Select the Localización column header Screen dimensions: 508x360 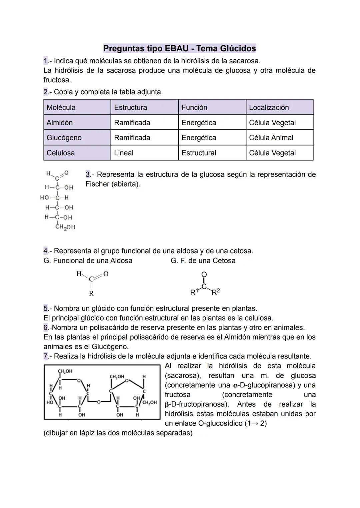pos(269,107)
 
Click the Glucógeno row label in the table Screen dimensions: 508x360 pos(64,138)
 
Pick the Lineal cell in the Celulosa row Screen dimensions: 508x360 pos(124,153)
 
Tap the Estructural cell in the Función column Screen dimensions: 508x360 pos(199,153)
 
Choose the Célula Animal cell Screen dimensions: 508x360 pos(271,138)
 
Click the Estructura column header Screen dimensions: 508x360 pos(130,107)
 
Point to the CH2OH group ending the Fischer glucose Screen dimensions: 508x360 pos(65,227)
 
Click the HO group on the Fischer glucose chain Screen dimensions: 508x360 pos(44,198)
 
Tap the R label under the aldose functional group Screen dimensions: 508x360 pos(91,293)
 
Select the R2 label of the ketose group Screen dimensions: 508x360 pos(216,292)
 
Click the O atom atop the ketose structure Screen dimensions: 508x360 pos(204,274)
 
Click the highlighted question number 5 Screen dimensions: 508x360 pos(46,308)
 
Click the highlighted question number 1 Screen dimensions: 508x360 pos(46,61)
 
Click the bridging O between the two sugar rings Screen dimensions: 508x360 pos(99,402)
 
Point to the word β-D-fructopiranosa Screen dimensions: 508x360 pos(196,404)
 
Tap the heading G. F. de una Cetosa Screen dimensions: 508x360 pos(203,261)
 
